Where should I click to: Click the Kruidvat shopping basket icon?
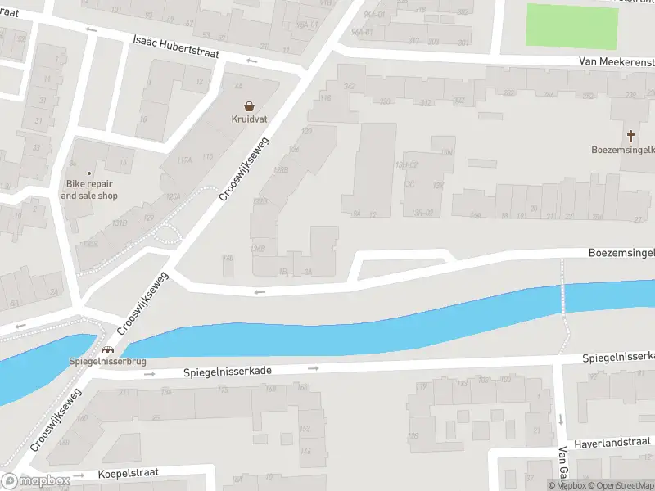[x=249, y=106]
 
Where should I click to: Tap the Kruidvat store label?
[x=249, y=120]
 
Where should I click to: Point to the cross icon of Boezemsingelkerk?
[x=630, y=136]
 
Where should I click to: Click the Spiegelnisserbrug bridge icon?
[x=107, y=349]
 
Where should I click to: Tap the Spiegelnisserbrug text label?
[x=108, y=361]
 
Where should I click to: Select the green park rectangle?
[x=571, y=27]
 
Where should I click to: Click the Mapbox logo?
[x=36, y=481]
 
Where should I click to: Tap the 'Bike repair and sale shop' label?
[x=89, y=190]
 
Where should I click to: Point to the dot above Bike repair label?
[x=90, y=173]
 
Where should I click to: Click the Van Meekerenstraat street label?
[x=616, y=62]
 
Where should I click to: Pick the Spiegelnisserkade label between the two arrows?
[x=227, y=372]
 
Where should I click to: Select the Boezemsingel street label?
[x=621, y=254]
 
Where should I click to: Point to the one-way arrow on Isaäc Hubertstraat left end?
[x=91, y=29]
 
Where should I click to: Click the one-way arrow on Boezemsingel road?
[x=260, y=291]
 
